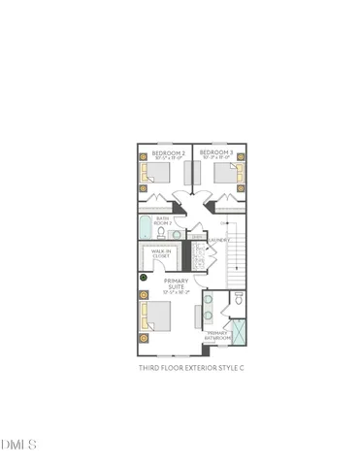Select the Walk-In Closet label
point(161,253)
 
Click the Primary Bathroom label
point(219,336)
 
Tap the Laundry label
point(218,239)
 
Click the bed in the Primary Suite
point(155,316)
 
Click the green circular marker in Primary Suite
point(143,278)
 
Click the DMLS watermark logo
point(18,446)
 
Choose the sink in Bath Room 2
point(177,234)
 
